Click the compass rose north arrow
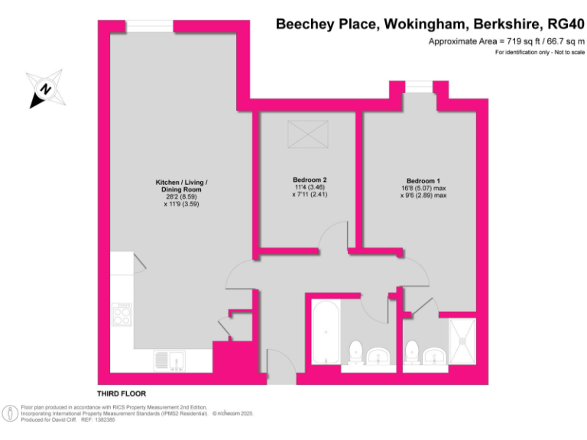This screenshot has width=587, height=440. (45, 89)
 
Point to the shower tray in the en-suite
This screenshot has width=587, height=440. (463, 341)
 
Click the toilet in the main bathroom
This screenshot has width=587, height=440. (355, 352)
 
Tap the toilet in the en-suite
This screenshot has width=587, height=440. (412, 352)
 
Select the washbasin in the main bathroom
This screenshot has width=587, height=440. (378, 355)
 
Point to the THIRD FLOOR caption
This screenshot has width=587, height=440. (121, 393)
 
